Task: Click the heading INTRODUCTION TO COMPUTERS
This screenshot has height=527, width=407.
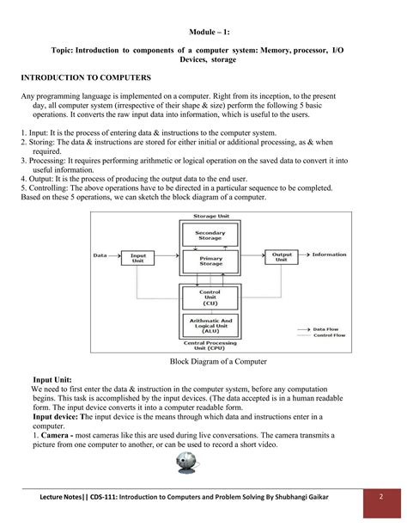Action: tap(86, 77)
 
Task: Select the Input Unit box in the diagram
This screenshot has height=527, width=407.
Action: tap(137, 256)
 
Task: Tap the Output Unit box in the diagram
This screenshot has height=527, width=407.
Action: tap(282, 256)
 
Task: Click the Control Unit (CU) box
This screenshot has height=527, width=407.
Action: tap(210, 297)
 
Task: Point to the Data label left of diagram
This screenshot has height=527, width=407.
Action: tap(100, 255)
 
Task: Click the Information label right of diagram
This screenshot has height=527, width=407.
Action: tap(329, 254)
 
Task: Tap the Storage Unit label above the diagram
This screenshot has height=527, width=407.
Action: tap(210, 217)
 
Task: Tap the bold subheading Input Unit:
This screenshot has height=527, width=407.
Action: tap(52, 379)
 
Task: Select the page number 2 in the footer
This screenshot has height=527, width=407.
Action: tap(380, 498)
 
